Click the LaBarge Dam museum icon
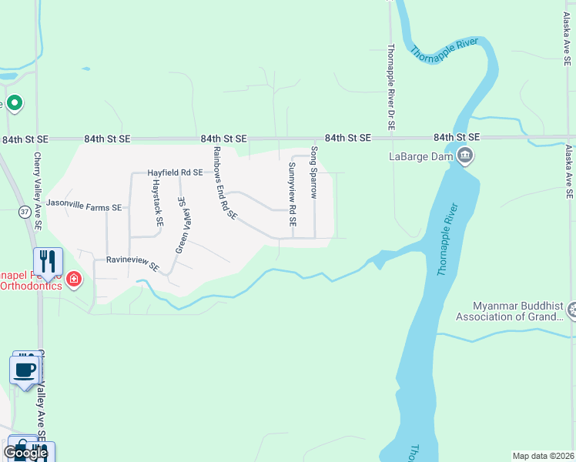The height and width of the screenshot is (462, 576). [x=465, y=156]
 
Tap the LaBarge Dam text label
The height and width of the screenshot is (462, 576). [x=422, y=157]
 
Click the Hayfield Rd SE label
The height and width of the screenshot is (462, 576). [x=175, y=173]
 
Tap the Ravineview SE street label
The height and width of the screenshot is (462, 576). [x=132, y=265]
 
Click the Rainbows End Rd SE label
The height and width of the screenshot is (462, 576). [x=224, y=182]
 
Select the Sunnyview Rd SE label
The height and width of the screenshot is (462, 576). [x=292, y=193]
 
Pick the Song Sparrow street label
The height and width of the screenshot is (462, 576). [x=314, y=172]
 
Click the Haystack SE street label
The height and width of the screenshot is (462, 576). [x=157, y=203]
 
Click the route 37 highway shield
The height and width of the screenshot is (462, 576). [x=25, y=211]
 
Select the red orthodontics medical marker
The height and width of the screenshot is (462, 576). [x=74, y=278]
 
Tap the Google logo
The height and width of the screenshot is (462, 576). [x=25, y=453]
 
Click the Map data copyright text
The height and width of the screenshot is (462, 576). [x=542, y=456]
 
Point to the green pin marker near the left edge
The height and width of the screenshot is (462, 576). [x=14, y=104]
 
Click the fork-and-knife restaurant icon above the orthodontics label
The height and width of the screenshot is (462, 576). [x=48, y=262]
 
